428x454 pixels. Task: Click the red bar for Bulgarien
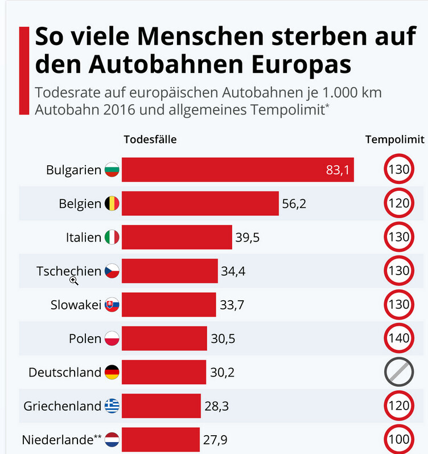click(x=237, y=170)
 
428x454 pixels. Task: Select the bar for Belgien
click(x=200, y=203)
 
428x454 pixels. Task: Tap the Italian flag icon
click(x=112, y=237)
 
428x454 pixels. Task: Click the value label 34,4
click(x=233, y=271)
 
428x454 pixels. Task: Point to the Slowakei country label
click(x=76, y=305)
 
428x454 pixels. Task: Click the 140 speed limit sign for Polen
click(x=399, y=338)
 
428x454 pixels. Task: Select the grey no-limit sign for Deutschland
click(x=399, y=372)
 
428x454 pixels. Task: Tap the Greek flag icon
click(x=112, y=406)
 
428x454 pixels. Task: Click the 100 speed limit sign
click(x=399, y=439)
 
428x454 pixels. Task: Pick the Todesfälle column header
click(x=150, y=140)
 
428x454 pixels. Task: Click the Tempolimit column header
click(x=394, y=140)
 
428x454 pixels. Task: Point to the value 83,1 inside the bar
click(x=338, y=170)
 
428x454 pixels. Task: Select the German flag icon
click(x=112, y=373)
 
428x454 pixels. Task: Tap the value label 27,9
click(x=216, y=440)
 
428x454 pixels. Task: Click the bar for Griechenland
click(x=161, y=406)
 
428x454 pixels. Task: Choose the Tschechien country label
click(x=69, y=271)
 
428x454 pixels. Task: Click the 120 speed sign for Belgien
click(x=399, y=203)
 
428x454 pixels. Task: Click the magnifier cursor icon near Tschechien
click(x=74, y=280)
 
